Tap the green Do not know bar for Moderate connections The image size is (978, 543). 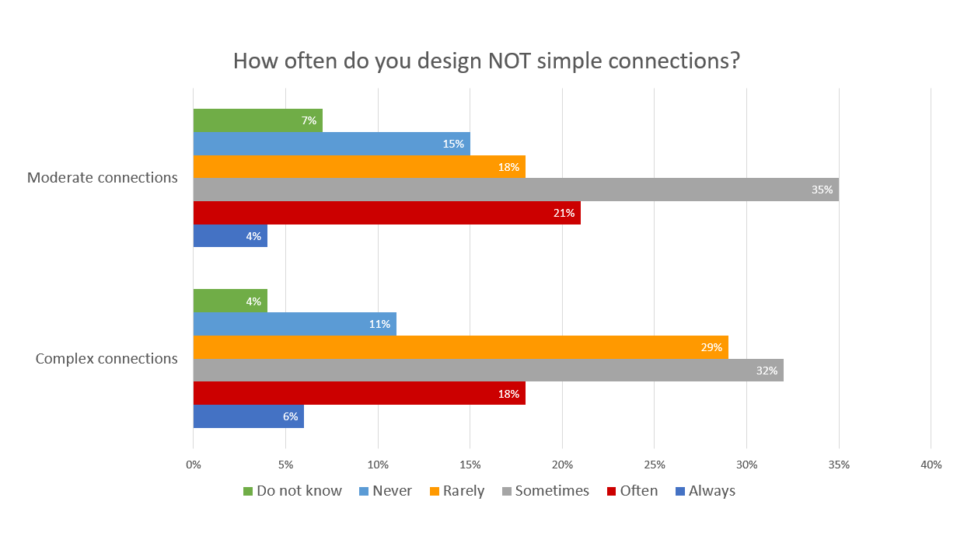coord(257,120)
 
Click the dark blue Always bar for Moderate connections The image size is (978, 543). coord(230,236)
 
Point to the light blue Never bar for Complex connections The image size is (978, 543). coord(295,324)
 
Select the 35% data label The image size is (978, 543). coord(822,190)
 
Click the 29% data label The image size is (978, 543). coord(711,347)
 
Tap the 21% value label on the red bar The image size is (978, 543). coord(564,213)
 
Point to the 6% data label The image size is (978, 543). coord(291,416)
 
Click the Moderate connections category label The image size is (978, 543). coord(103,177)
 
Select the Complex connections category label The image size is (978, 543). coord(107,358)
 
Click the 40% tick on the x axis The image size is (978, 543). coord(931,465)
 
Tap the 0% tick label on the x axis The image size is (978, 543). coord(194,465)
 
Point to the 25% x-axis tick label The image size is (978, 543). coord(654,465)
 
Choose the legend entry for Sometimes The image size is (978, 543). coord(551,491)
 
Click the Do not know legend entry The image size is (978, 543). coord(299,491)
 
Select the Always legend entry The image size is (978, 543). coord(711,491)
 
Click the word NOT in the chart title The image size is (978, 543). coord(508,61)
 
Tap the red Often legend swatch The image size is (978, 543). coord(612,491)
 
